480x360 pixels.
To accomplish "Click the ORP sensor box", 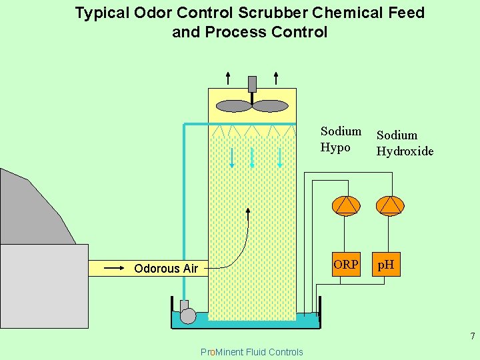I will coord(346,264).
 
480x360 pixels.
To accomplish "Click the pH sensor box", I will coord(386,264).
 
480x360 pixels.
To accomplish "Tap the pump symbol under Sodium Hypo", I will coord(346,205).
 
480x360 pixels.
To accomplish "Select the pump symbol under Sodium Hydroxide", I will coord(390,205).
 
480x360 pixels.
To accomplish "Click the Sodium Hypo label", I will coord(341,139).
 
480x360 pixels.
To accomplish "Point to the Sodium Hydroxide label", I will coord(405,143).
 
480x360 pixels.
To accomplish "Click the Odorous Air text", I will coord(166,269).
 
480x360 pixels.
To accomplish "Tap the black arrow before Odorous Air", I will coord(113,268).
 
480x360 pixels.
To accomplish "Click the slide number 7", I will coord(472,336).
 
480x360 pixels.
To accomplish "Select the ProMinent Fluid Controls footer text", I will coord(251,352).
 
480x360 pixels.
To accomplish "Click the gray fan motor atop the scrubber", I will coord(252,84).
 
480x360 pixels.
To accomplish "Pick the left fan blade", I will coord(234,106).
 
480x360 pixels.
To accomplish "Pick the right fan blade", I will coord(270,106).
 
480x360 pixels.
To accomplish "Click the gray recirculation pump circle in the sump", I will coord(189,315).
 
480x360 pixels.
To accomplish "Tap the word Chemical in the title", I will coord(339,13).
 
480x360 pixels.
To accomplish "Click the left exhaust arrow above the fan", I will coord(228,77).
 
